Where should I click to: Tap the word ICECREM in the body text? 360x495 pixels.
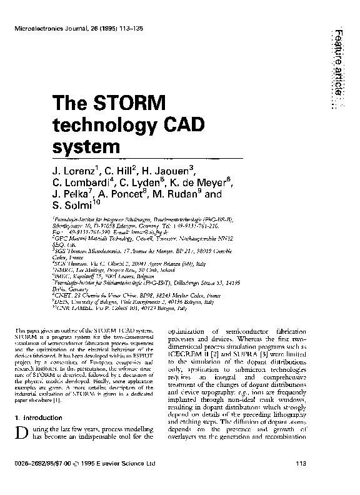[190, 361]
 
